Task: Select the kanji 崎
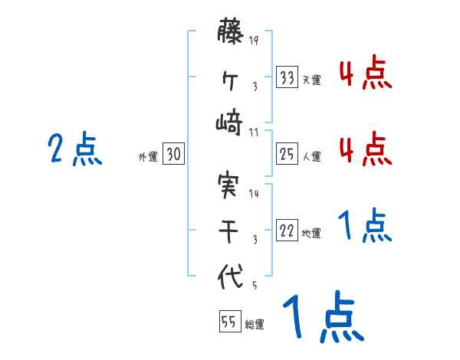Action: click(x=230, y=123)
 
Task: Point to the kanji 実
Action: click(x=230, y=184)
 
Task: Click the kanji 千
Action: click(x=230, y=230)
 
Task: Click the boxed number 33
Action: click(x=287, y=77)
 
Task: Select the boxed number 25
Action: click(x=287, y=154)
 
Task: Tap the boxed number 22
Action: click(x=287, y=231)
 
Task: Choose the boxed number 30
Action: click(x=173, y=154)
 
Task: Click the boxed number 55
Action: click(x=229, y=322)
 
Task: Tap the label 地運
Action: click(x=311, y=233)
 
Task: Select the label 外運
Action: click(x=148, y=156)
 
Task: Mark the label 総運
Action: click(x=254, y=324)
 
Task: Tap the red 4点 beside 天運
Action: click(x=366, y=74)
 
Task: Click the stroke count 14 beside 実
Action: click(x=254, y=193)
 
